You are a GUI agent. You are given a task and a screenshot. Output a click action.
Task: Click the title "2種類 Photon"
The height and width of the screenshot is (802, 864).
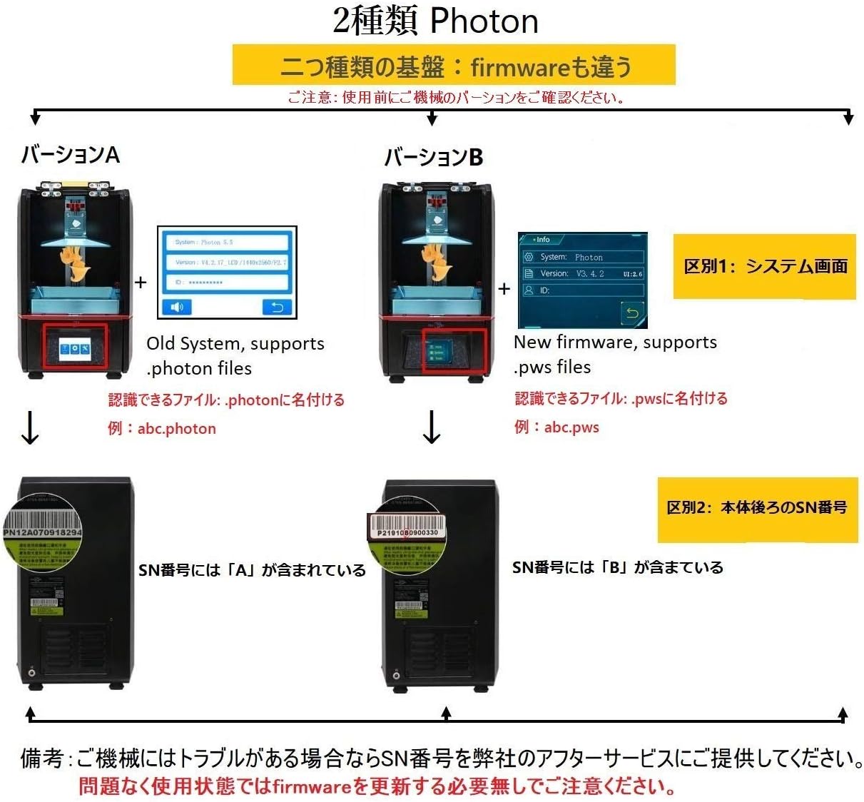tap(435, 21)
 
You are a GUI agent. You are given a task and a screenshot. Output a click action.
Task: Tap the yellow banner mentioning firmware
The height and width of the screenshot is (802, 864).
tap(454, 66)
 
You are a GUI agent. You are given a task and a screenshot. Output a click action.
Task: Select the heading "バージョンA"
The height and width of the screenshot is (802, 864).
tap(70, 155)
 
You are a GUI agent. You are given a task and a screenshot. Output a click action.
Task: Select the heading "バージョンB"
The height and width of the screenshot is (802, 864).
tap(433, 157)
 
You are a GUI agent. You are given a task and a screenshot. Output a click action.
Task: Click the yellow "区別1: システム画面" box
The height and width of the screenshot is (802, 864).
tap(765, 266)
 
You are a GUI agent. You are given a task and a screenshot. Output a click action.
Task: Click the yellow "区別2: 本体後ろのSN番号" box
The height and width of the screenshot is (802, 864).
tap(757, 508)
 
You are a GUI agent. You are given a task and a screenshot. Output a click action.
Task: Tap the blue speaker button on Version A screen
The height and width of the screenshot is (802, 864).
tap(176, 307)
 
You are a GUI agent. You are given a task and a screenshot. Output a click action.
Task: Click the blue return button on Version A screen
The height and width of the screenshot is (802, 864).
tap(276, 307)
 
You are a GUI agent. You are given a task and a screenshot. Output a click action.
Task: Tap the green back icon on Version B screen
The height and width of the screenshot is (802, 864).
tap(631, 313)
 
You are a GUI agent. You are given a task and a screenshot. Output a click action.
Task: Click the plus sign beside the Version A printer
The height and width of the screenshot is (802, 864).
tap(141, 283)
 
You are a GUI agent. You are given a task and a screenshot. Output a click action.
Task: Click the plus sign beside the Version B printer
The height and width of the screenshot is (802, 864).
tap(504, 289)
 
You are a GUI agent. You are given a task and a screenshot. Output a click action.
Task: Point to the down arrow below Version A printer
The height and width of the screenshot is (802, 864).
tap(30, 427)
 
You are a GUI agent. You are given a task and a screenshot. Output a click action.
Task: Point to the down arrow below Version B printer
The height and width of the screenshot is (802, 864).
tap(432, 427)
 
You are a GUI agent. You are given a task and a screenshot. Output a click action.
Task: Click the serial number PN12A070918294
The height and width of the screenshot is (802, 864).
tap(43, 532)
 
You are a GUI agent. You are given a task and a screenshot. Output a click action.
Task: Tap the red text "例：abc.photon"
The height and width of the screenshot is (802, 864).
tap(162, 429)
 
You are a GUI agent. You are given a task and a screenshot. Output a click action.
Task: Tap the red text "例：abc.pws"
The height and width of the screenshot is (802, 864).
tap(556, 427)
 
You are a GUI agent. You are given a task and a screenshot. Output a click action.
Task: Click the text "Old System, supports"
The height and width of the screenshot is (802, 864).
tap(235, 344)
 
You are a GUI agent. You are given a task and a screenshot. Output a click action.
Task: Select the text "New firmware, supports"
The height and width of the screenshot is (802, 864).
tap(615, 342)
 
